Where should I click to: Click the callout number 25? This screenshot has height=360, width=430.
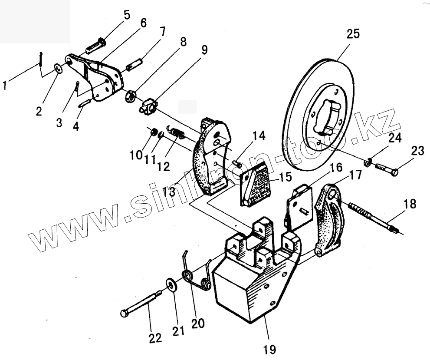tap(353, 34)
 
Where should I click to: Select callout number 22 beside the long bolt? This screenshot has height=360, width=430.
tap(155, 338)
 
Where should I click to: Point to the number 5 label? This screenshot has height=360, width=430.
tap(126, 15)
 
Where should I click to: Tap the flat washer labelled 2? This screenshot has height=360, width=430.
tap(58, 68)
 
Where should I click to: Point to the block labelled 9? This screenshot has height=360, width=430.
tap(148, 106)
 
